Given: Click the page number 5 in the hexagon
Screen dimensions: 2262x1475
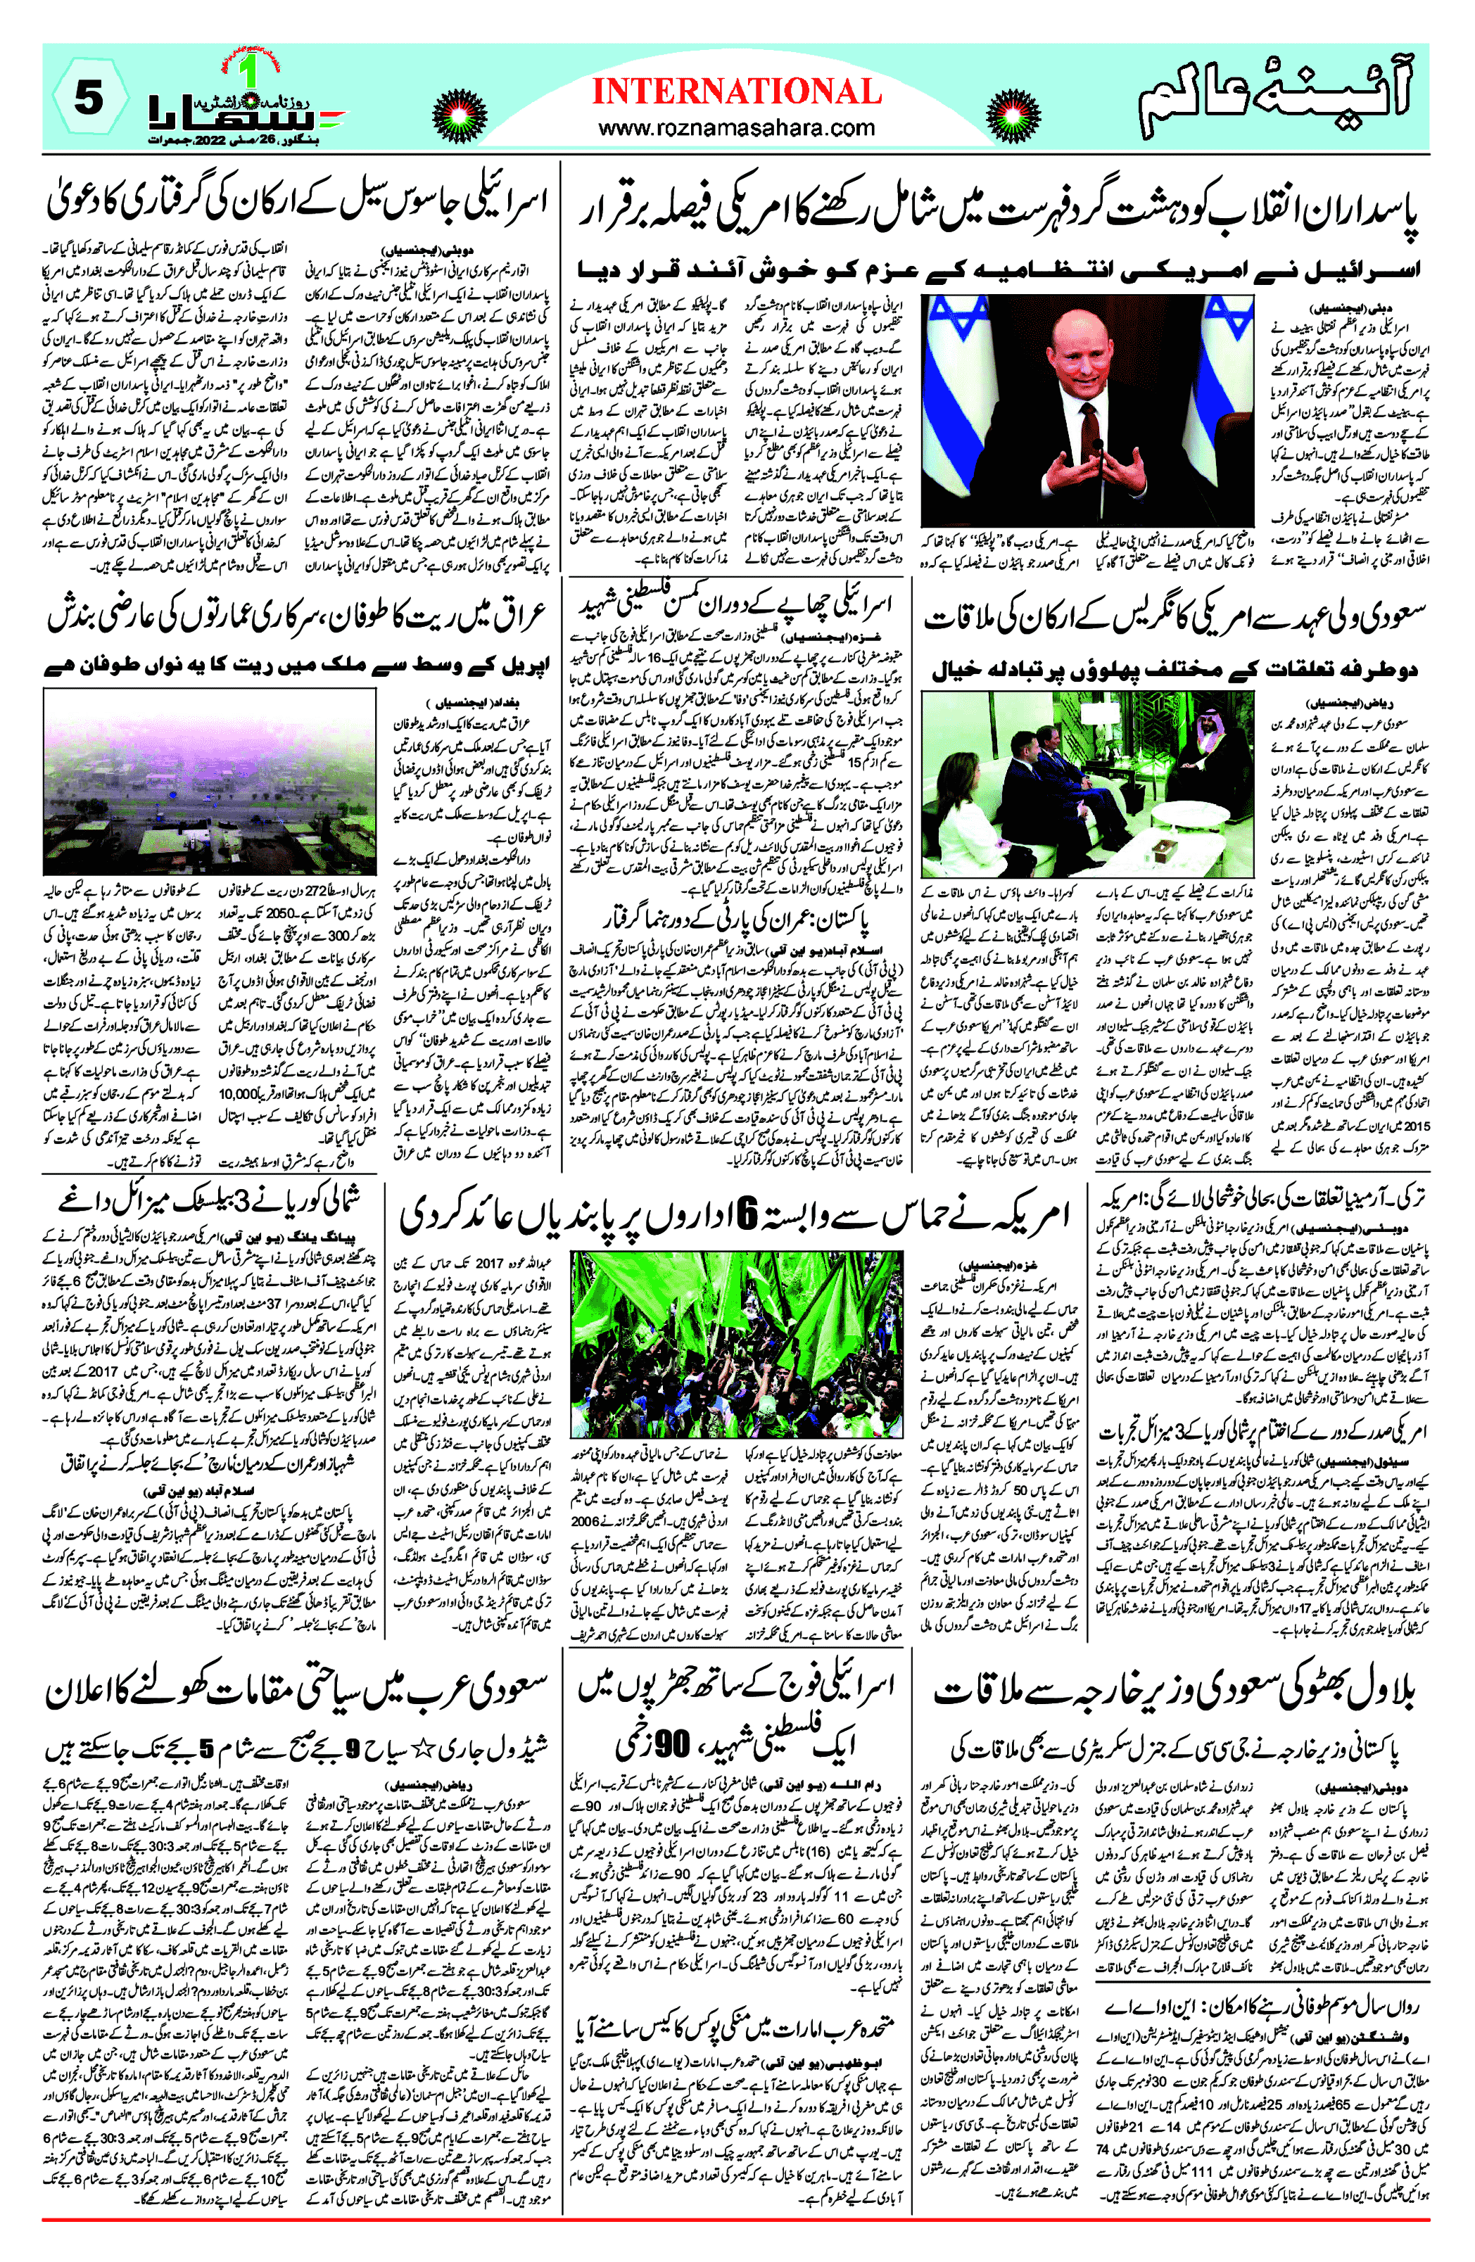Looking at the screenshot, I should (87, 97).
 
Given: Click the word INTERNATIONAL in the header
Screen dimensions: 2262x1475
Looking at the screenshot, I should (737, 91).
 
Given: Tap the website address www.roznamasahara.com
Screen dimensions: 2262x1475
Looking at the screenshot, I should (737, 127).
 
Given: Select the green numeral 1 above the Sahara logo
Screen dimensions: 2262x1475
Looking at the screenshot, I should (250, 73).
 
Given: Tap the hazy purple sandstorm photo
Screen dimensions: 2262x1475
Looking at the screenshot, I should (209, 781).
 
